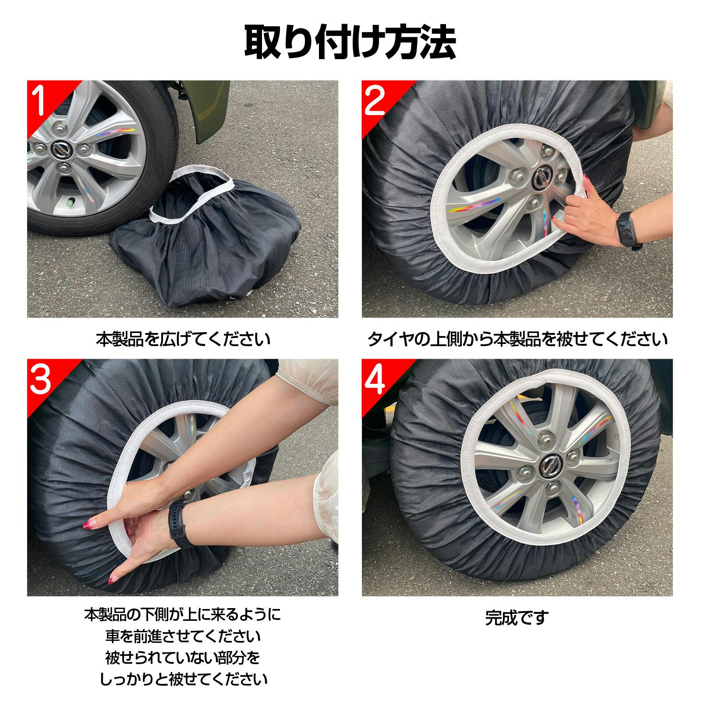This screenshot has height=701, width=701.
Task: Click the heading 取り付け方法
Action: point(350,42)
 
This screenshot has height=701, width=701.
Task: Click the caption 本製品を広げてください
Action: point(183,339)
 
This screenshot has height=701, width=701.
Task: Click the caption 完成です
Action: point(517,618)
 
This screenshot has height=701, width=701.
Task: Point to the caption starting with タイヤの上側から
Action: point(517,339)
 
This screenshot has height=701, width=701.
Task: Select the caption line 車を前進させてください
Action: point(183,636)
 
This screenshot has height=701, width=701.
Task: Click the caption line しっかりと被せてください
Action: point(183,679)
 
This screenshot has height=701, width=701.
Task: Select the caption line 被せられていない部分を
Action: point(183,657)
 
